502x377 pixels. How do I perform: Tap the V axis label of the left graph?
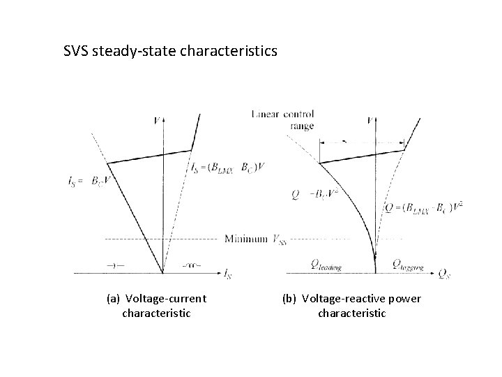coord(155,120)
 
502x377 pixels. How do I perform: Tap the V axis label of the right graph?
coord(370,120)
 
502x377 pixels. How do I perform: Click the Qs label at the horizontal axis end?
coord(443,273)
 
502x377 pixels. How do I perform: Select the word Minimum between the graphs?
coord(245,239)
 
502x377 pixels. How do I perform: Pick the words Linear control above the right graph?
coord(282,114)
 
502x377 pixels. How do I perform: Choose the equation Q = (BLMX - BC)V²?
coord(423,208)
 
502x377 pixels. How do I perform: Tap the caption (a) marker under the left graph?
coord(114,299)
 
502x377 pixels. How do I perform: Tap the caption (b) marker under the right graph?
coord(289,299)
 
